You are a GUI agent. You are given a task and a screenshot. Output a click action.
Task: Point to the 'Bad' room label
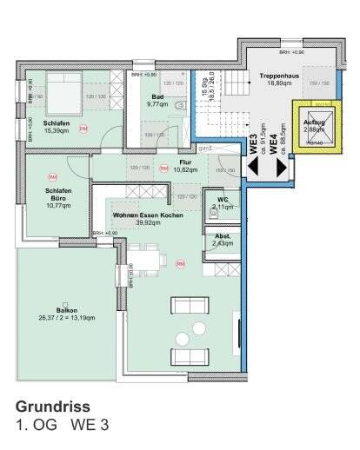[x=157, y=100]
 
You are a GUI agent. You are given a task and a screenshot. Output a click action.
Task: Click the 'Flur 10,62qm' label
[x=185, y=166]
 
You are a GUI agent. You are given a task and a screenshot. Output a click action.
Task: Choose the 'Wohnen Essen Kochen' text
[x=149, y=217]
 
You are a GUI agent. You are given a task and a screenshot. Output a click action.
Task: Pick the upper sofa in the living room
[x=190, y=305]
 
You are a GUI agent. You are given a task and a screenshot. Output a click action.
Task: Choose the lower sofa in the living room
[x=190, y=356]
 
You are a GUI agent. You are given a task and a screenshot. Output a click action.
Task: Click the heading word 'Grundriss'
[x=53, y=406]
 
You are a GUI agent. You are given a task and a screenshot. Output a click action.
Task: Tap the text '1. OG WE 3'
[x=63, y=425]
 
